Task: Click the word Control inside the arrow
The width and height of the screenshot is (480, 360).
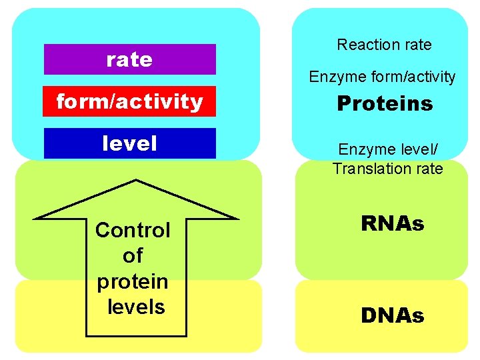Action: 133,231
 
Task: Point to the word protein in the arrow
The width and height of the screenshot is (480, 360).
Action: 133,281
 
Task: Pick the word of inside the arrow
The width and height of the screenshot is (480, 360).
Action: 133,256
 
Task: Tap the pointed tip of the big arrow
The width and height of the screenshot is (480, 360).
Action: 137,181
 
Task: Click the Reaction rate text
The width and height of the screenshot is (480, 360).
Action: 384,45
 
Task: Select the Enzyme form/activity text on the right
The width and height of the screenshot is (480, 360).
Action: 382,77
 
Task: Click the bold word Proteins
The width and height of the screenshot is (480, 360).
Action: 385,103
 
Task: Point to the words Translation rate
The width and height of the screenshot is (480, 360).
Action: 387,169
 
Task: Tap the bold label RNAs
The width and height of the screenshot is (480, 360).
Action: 392,224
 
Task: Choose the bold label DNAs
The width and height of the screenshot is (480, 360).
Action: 392,315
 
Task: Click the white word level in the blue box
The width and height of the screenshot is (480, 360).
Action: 129,143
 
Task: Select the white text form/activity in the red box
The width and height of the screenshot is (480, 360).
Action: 129,102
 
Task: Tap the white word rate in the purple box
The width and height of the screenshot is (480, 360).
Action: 129,59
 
